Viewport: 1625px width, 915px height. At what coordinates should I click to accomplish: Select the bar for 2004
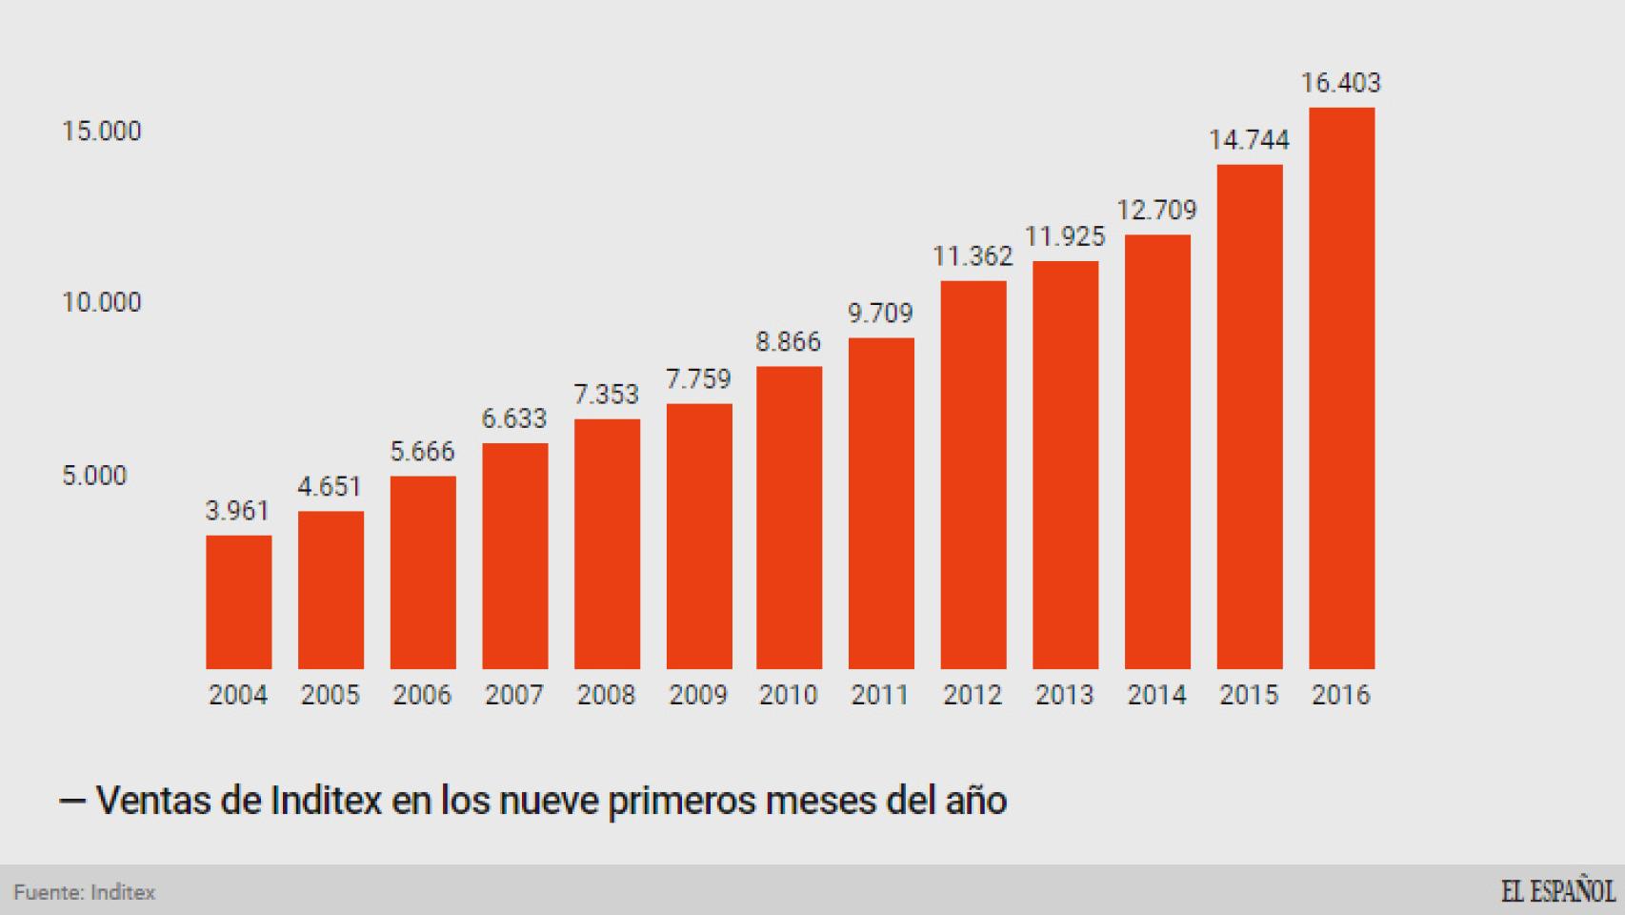tap(238, 601)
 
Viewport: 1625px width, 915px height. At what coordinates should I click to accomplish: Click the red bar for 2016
tap(1341, 388)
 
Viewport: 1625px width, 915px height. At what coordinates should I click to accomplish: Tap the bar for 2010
tap(789, 518)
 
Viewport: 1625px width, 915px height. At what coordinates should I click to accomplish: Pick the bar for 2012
tap(973, 475)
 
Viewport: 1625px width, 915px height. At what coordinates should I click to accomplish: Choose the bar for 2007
tap(514, 556)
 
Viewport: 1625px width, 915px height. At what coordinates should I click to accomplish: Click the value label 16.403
tap(1340, 83)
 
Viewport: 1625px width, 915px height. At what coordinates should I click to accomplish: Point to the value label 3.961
tap(238, 511)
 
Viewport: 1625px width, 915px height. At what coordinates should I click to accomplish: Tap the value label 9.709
tap(880, 314)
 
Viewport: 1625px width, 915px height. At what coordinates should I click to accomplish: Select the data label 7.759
tap(697, 379)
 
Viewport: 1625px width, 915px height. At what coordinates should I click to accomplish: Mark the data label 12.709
tap(1156, 210)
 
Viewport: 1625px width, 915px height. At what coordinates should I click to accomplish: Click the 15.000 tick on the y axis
tap(101, 131)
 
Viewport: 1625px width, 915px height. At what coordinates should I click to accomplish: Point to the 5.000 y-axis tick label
tap(94, 476)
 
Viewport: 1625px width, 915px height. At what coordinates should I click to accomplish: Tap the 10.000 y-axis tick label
tap(101, 303)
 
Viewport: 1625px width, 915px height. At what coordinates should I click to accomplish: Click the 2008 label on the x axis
tap(606, 695)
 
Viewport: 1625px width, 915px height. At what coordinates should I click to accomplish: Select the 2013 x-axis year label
tap(1064, 695)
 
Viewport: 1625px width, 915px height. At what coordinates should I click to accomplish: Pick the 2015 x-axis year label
tap(1248, 695)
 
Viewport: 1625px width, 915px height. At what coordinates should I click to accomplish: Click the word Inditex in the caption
tap(326, 801)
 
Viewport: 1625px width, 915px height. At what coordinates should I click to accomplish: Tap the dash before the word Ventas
tap(72, 801)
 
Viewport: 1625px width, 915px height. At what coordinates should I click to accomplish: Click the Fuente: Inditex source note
tap(84, 893)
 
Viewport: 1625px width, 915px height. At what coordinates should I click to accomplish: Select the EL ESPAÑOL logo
tap(1557, 892)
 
